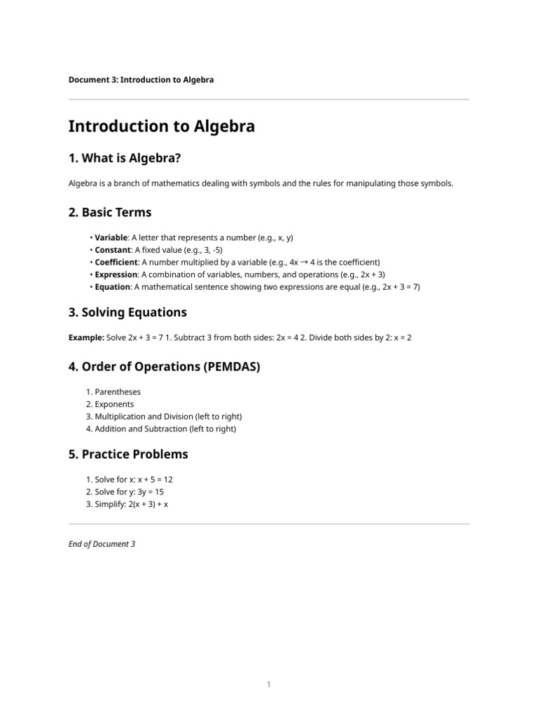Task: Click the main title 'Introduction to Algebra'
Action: click(x=161, y=127)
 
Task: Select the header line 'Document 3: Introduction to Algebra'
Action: click(x=141, y=80)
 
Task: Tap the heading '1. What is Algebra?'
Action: click(x=125, y=159)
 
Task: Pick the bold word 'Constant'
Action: click(x=113, y=250)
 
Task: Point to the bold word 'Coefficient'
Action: click(x=116, y=263)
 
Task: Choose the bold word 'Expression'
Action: click(x=116, y=274)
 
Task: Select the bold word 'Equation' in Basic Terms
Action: click(x=113, y=287)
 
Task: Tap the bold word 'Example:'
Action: click(x=86, y=337)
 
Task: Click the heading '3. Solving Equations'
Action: click(x=127, y=312)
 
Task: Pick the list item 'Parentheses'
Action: click(x=118, y=392)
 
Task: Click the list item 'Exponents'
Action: click(x=114, y=405)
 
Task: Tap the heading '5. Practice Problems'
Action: click(x=128, y=454)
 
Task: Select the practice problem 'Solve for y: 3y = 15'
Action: click(x=125, y=492)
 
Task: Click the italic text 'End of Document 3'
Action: click(x=102, y=543)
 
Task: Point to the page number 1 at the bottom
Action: click(x=268, y=685)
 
